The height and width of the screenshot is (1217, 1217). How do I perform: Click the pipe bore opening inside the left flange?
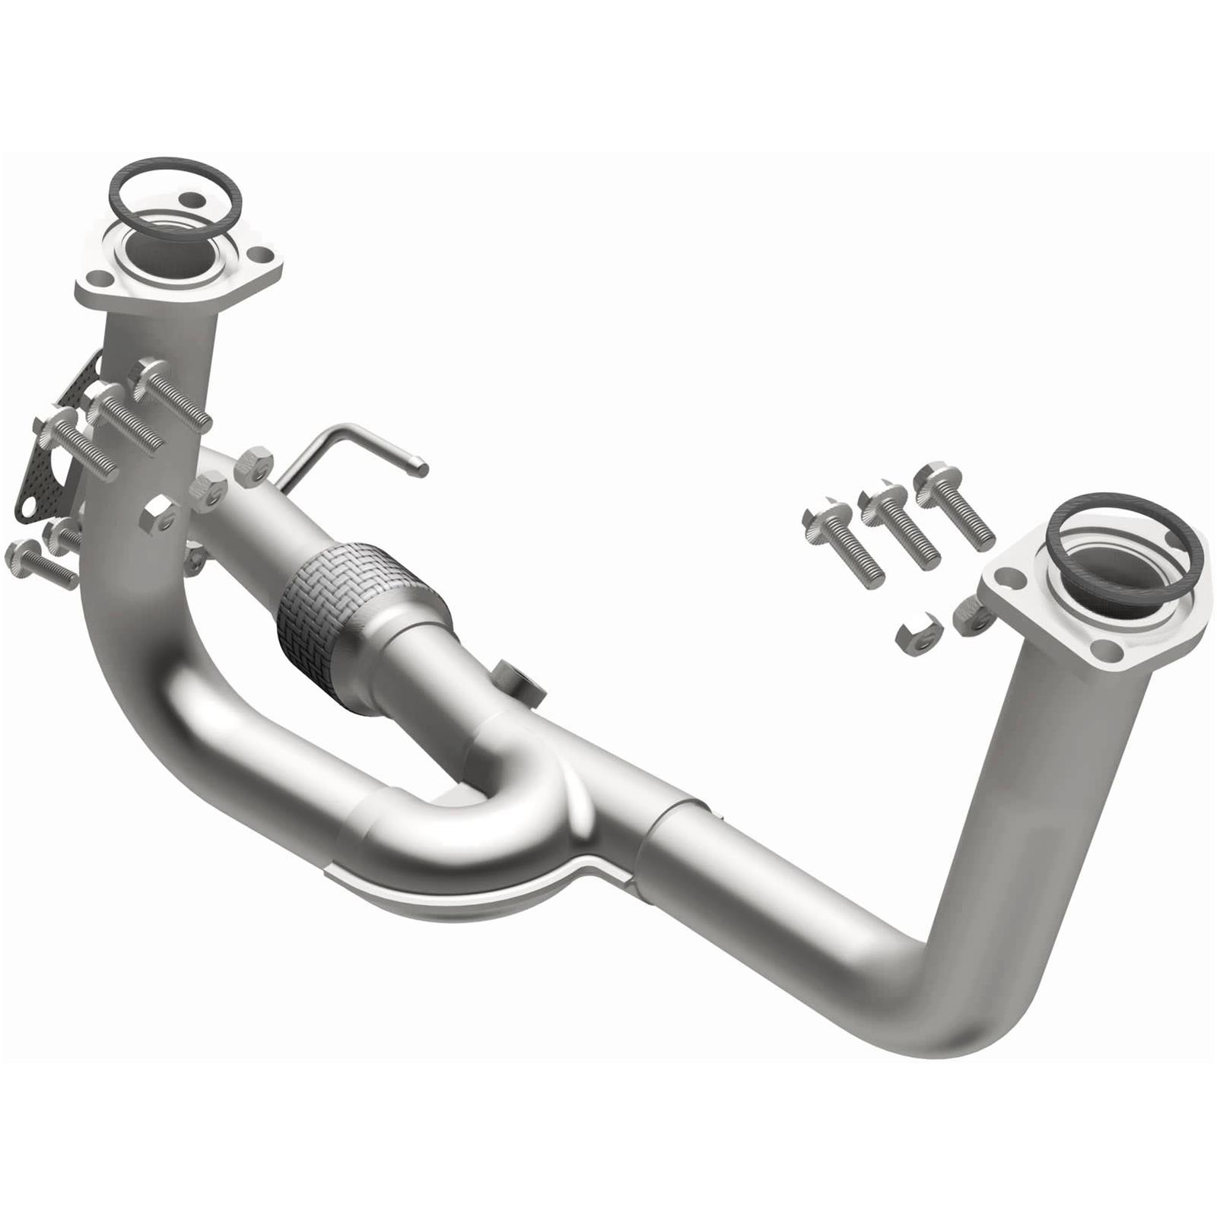coord(167,255)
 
